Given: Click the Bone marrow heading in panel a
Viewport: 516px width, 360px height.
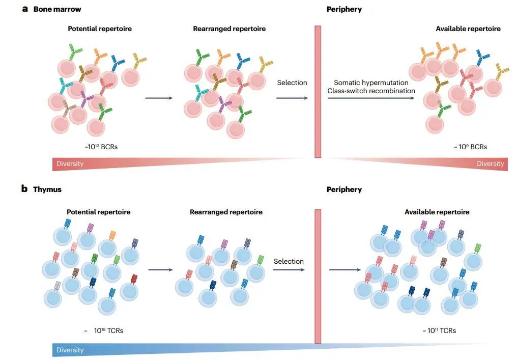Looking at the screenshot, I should [57, 9].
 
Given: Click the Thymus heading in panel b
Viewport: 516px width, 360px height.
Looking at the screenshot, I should [47, 189].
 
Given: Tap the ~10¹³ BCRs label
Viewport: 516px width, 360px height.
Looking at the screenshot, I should [102, 147].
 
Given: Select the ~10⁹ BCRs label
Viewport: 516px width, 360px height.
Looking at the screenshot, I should [470, 147].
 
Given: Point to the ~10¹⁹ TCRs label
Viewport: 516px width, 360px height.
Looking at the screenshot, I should [104, 330].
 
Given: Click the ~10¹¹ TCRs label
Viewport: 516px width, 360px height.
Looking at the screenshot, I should [439, 330].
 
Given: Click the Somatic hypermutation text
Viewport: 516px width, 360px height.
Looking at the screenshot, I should [371, 82].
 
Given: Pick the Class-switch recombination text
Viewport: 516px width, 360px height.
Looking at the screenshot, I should [371, 91].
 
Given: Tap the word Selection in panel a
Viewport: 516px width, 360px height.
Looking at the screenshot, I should [292, 82].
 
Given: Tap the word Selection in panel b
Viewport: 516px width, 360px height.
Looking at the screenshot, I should [289, 261].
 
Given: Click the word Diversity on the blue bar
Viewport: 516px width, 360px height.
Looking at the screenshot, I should [70, 350].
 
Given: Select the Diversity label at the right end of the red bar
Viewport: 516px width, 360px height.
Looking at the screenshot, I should [490, 163].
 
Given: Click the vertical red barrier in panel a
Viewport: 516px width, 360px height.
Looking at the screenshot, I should [318, 92].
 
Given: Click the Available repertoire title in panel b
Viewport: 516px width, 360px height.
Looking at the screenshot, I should [437, 212].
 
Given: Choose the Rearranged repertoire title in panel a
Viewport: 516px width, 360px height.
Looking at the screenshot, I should [229, 29].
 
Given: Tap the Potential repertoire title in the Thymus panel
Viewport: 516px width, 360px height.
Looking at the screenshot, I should [98, 212].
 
